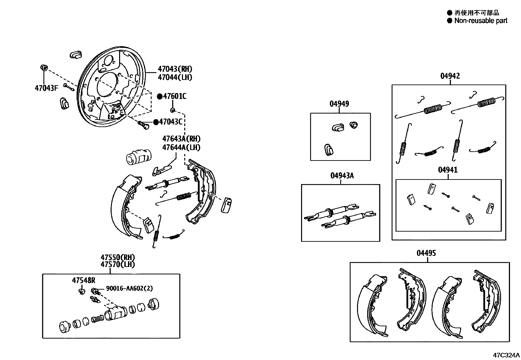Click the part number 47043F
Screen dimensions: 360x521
46,88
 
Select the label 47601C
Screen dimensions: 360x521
175,96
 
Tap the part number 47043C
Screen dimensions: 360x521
170,122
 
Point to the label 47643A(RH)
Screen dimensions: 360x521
181,139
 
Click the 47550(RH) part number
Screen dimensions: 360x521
117,257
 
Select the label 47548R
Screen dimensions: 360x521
83,280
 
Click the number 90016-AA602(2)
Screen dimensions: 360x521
129,289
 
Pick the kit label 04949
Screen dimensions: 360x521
339,104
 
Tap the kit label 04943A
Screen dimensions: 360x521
342,176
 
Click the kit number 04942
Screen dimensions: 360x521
450,76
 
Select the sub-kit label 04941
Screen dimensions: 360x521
448,170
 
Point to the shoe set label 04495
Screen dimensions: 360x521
426,253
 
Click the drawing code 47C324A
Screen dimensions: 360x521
506,355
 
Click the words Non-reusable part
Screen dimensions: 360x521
480,21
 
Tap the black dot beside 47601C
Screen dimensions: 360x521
160,96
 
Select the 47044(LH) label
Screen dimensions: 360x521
175,78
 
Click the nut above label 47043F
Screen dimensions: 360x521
44,68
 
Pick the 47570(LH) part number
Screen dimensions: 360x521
117,265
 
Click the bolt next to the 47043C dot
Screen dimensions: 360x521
144,124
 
